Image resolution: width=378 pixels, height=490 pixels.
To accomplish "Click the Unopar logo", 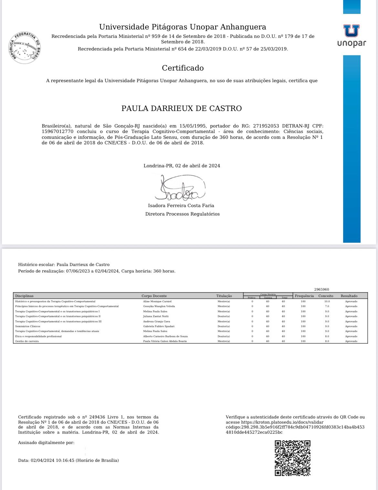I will click(352, 36).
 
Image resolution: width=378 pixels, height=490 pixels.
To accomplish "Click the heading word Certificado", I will click(183, 68).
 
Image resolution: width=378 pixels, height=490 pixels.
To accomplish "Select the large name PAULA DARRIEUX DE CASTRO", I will click(182, 108).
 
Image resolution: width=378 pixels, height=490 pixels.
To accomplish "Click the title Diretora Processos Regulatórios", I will click(182, 214).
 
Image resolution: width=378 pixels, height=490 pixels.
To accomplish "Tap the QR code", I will click(292, 458).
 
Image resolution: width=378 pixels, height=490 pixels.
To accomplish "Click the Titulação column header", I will click(224, 296).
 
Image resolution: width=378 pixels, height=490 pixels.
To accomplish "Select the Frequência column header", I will click(304, 296).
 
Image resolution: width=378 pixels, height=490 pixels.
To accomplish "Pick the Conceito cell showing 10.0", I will click(327, 301).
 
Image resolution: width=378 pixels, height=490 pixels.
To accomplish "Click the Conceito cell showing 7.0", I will click(327, 306).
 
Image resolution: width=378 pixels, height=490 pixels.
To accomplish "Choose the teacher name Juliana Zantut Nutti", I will click(156, 316).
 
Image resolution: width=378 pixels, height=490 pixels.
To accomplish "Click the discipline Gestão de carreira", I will click(27, 341).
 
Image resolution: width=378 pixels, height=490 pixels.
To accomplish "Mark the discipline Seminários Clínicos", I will click(27, 326).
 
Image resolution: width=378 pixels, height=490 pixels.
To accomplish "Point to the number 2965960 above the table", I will click(321, 289).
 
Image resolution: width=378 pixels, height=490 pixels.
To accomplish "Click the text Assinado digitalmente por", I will click(46, 442).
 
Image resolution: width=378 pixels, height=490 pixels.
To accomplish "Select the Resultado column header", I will click(349, 296).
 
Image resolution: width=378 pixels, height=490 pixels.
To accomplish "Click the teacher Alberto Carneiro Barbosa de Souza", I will click(165, 336).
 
